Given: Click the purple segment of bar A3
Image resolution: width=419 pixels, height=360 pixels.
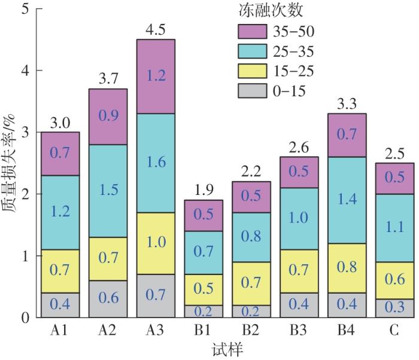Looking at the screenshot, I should point(156,77).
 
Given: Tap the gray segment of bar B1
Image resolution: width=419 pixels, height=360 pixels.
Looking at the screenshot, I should point(204,311).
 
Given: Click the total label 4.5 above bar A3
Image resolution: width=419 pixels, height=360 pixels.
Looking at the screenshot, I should point(156,29).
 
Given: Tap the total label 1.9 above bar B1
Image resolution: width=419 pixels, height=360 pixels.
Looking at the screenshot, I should point(204,190).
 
